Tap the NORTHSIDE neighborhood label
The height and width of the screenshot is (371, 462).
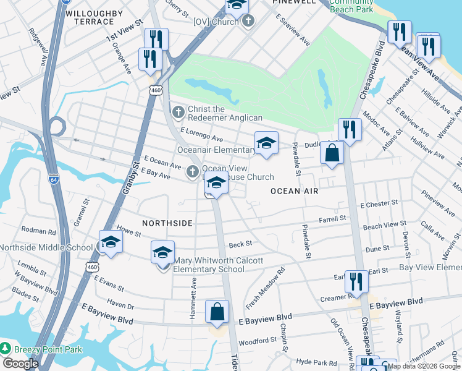[167, 223]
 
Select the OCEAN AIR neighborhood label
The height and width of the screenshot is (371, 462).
[294, 191]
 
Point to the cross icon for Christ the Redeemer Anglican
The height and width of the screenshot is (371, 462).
[178, 112]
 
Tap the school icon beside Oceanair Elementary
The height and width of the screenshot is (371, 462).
[266, 143]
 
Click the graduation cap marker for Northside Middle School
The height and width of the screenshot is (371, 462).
[111, 242]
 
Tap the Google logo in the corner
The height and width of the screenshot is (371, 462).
[20, 364]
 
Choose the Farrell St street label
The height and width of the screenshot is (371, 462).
[332, 219]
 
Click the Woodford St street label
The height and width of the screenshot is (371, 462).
[258, 341]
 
